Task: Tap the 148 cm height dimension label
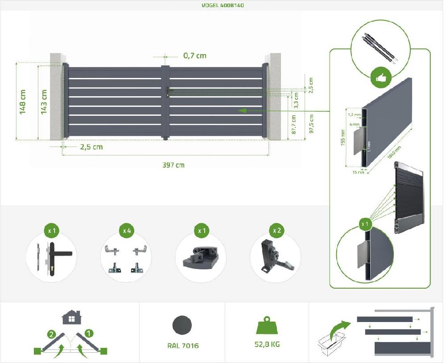point(23,102)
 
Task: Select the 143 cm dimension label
point(44,102)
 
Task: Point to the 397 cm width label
point(173,165)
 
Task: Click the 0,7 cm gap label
point(195,56)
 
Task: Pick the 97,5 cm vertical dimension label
point(311,124)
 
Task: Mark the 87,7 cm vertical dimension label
point(293,125)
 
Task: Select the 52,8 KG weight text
point(267,344)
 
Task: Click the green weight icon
point(267,326)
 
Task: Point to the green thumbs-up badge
point(380,78)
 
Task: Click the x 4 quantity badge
point(127,231)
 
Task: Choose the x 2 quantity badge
point(277,231)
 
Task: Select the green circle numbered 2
point(53,333)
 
